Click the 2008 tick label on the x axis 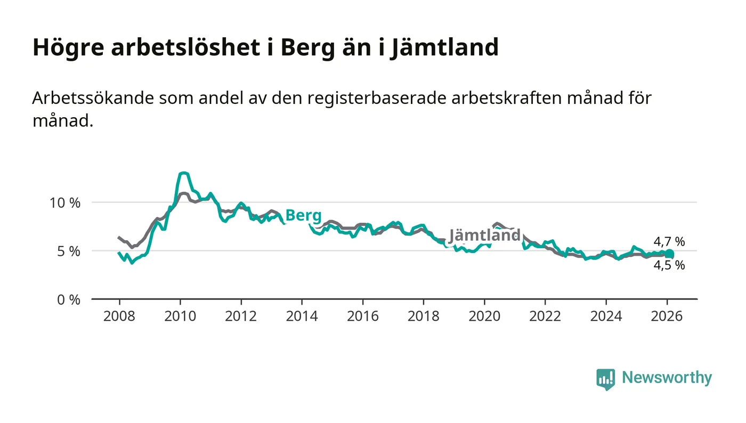pyautogui.click(x=119, y=315)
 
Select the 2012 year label pyautogui.click(x=241, y=315)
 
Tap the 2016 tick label pyautogui.click(x=362, y=315)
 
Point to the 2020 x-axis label pyautogui.click(x=484, y=315)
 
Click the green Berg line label pyautogui.click(x=303, y=216)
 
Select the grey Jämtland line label pyautogui.click(x=484, y=235)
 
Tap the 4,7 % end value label pyautogui.click(x=669, y=242)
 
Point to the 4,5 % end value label pyautogui.click(x=669, y=265)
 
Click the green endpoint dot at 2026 pyautogui.click(x=669, y=254)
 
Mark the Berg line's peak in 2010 pyautogui.click(x=183, y=173)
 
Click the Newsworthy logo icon pyautogui.click(x=605, y=379)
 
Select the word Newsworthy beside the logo pyautogui.click(x=667, y=378)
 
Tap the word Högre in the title pyautogui.click(x=67, y=48)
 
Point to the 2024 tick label pyautogui.click(x=606, y=315)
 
